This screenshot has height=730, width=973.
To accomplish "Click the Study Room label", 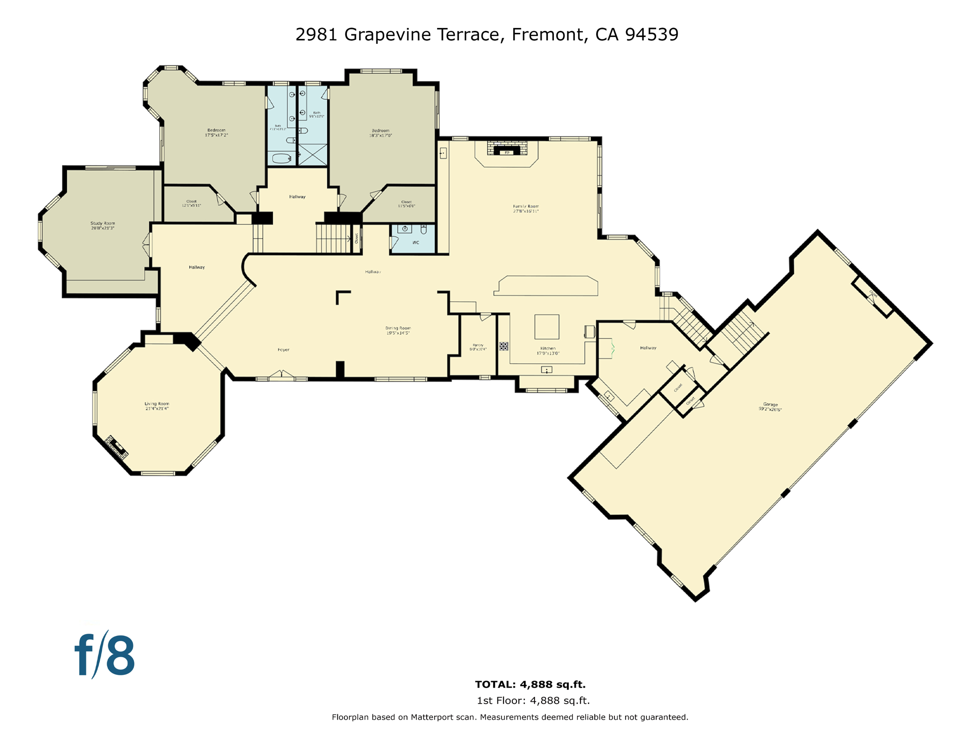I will tap(103, 225).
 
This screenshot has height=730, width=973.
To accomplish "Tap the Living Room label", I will tap(157, 406).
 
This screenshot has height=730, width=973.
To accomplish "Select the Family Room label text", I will tap(525, 209).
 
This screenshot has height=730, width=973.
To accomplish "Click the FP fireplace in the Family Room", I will tap(507, 152).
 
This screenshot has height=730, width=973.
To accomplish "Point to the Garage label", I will tap(770, 407).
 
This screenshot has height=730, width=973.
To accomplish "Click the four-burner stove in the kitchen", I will tap(504, 346).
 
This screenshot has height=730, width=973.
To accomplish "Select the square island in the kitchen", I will tap(547, 327).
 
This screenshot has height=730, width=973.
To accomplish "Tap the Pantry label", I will tap(478, 347).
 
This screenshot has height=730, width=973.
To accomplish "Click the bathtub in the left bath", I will tap(282, 158).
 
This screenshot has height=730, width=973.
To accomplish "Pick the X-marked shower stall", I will tap(313, 154).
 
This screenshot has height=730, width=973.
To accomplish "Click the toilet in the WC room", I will tap(424, 230).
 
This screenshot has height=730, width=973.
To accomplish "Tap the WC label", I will tap(416, 243).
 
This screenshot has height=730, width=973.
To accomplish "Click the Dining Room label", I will tap(398, 330).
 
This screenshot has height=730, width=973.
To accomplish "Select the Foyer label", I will tap(284, 350).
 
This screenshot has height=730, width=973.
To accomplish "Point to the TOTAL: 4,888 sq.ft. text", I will tap(530, 684).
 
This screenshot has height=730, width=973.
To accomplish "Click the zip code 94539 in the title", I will tap(652, 34).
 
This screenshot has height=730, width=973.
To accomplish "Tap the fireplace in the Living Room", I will tap(116, 447).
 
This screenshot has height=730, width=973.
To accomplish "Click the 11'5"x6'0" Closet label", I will tap(406, 204).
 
